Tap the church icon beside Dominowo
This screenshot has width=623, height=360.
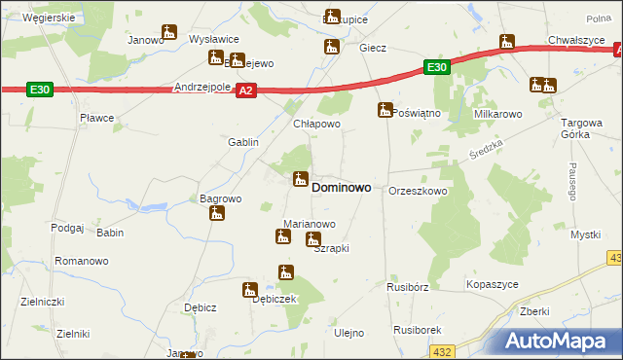(300, 180)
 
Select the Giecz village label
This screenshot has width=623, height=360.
(373, 48)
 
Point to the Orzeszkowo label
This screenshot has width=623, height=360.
(418, 192)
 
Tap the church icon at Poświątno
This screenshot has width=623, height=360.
(385, 111)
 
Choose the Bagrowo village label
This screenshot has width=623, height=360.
(220, 198)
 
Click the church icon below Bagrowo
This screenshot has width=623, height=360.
(216, 213)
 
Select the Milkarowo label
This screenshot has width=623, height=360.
(498, 114)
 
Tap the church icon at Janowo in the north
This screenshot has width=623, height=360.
(168, 32)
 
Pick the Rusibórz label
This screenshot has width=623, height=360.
(407, 287)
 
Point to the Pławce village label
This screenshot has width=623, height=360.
(97, 118)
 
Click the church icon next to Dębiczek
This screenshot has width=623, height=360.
(250, 288)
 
